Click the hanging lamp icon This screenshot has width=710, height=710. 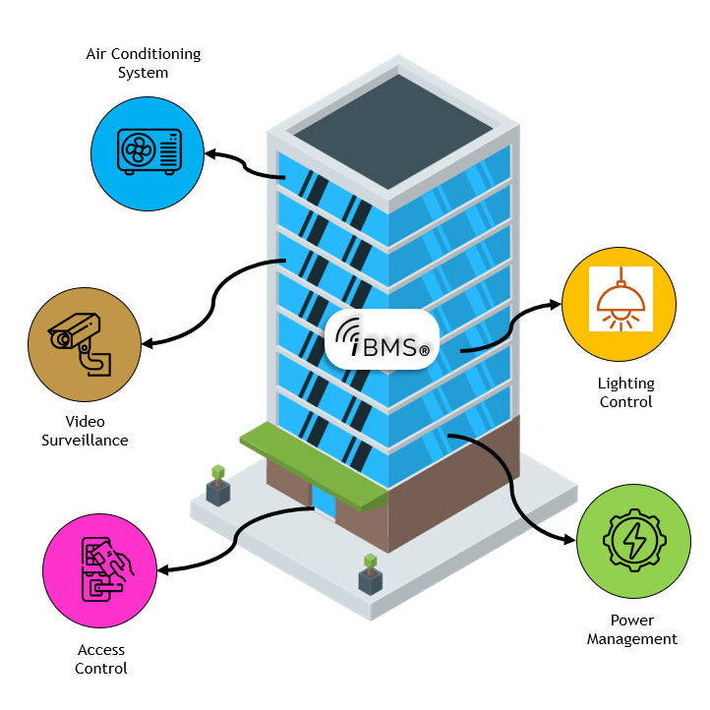(621, 298)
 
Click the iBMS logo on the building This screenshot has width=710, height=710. (382, 339)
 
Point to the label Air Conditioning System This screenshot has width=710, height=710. (144, 63)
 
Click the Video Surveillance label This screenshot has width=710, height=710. (85, 432)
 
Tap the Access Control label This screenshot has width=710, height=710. (101, 659)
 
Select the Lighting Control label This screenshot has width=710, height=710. (625, 392)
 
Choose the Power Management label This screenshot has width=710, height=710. (632, 629)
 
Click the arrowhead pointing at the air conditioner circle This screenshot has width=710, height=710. (210, 153)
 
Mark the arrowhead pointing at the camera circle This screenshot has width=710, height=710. (148, 344)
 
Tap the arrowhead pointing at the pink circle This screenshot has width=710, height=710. (164, 569)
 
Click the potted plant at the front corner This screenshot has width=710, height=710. (370, 575)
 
